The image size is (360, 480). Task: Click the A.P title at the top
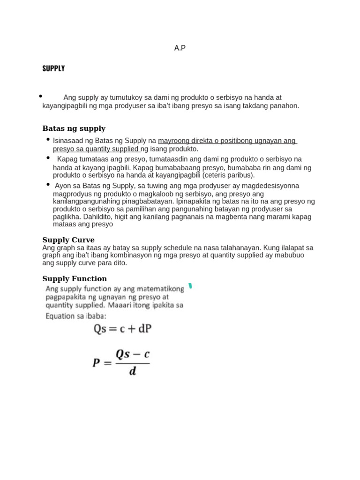tap(180, 48)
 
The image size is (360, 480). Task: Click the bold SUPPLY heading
tap(53, 68)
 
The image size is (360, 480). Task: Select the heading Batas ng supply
tap(74, 128)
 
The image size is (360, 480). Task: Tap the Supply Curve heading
tap(68, 240)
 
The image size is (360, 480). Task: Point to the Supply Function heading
tap(75, 279)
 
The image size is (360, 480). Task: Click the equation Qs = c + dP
tap(123, 329)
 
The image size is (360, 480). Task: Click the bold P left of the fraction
tap(97, 362)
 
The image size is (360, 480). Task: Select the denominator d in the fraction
tap(133, 372)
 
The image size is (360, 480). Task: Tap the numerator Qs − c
tap(133, 354)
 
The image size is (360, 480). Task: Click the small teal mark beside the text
tap(190, 286)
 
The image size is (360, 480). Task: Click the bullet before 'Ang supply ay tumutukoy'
tap(41, 96)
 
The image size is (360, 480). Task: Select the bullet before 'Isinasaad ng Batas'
tap(48, 139)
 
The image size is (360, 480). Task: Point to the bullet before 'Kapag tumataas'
tap(48, 158)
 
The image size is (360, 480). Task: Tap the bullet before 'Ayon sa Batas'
tap(48, 184)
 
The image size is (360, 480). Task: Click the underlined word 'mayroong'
tap(173, 141)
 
